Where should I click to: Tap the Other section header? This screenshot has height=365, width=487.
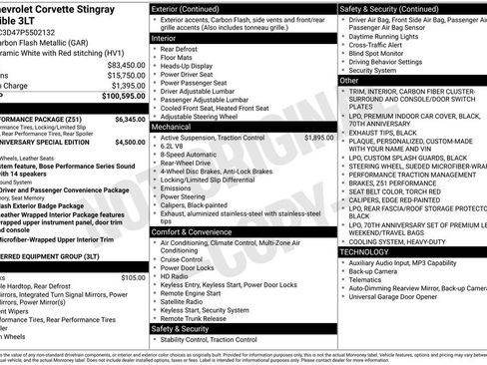click(x=349, y=79)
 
